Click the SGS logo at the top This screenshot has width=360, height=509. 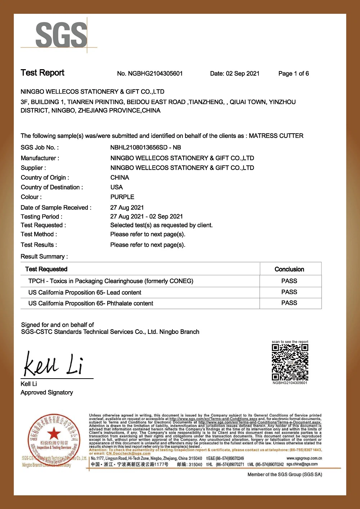click(61, 35)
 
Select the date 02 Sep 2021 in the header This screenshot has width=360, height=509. click(242, 73)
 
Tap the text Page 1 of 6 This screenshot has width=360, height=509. click(293, 73)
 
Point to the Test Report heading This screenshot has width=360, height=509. click(42, 73)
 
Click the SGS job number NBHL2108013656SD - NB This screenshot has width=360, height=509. click(145, 147)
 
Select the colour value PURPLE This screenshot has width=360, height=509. click(122, 197)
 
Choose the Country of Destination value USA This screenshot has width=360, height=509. click(116, 187)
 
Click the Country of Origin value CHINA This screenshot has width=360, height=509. click(120, 178)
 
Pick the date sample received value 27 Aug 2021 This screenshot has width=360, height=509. click(127, 207)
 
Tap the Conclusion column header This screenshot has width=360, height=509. click(289, 269)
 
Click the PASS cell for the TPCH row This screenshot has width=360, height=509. click(289, 281)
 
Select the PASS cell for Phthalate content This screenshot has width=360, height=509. click(289, 303)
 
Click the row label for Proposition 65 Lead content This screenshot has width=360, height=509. click(85, 293)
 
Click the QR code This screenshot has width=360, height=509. click(290, 362)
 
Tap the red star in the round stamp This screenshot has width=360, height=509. click(54, 434)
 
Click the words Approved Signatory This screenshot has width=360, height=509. click(47, 392)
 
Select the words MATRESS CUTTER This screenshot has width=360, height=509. click(276, 136)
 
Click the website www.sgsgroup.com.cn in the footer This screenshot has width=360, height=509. click(304, 458)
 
